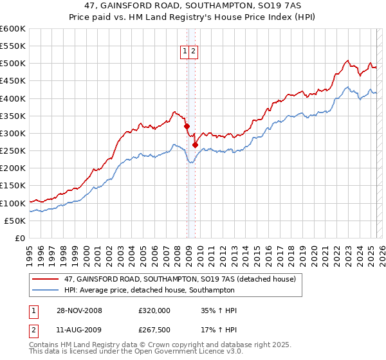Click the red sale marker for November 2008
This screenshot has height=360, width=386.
pyautogui.click(x=187, y=127)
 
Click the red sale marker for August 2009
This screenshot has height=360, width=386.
pyautogui.click(x=195, y=145)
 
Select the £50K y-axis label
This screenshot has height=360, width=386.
pyautogui.click(x=15, y=221)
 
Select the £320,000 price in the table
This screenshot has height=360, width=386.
pyautogui.click(x=154, y=310)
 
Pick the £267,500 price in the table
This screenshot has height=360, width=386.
pyautogui.click(x=154, y=332)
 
